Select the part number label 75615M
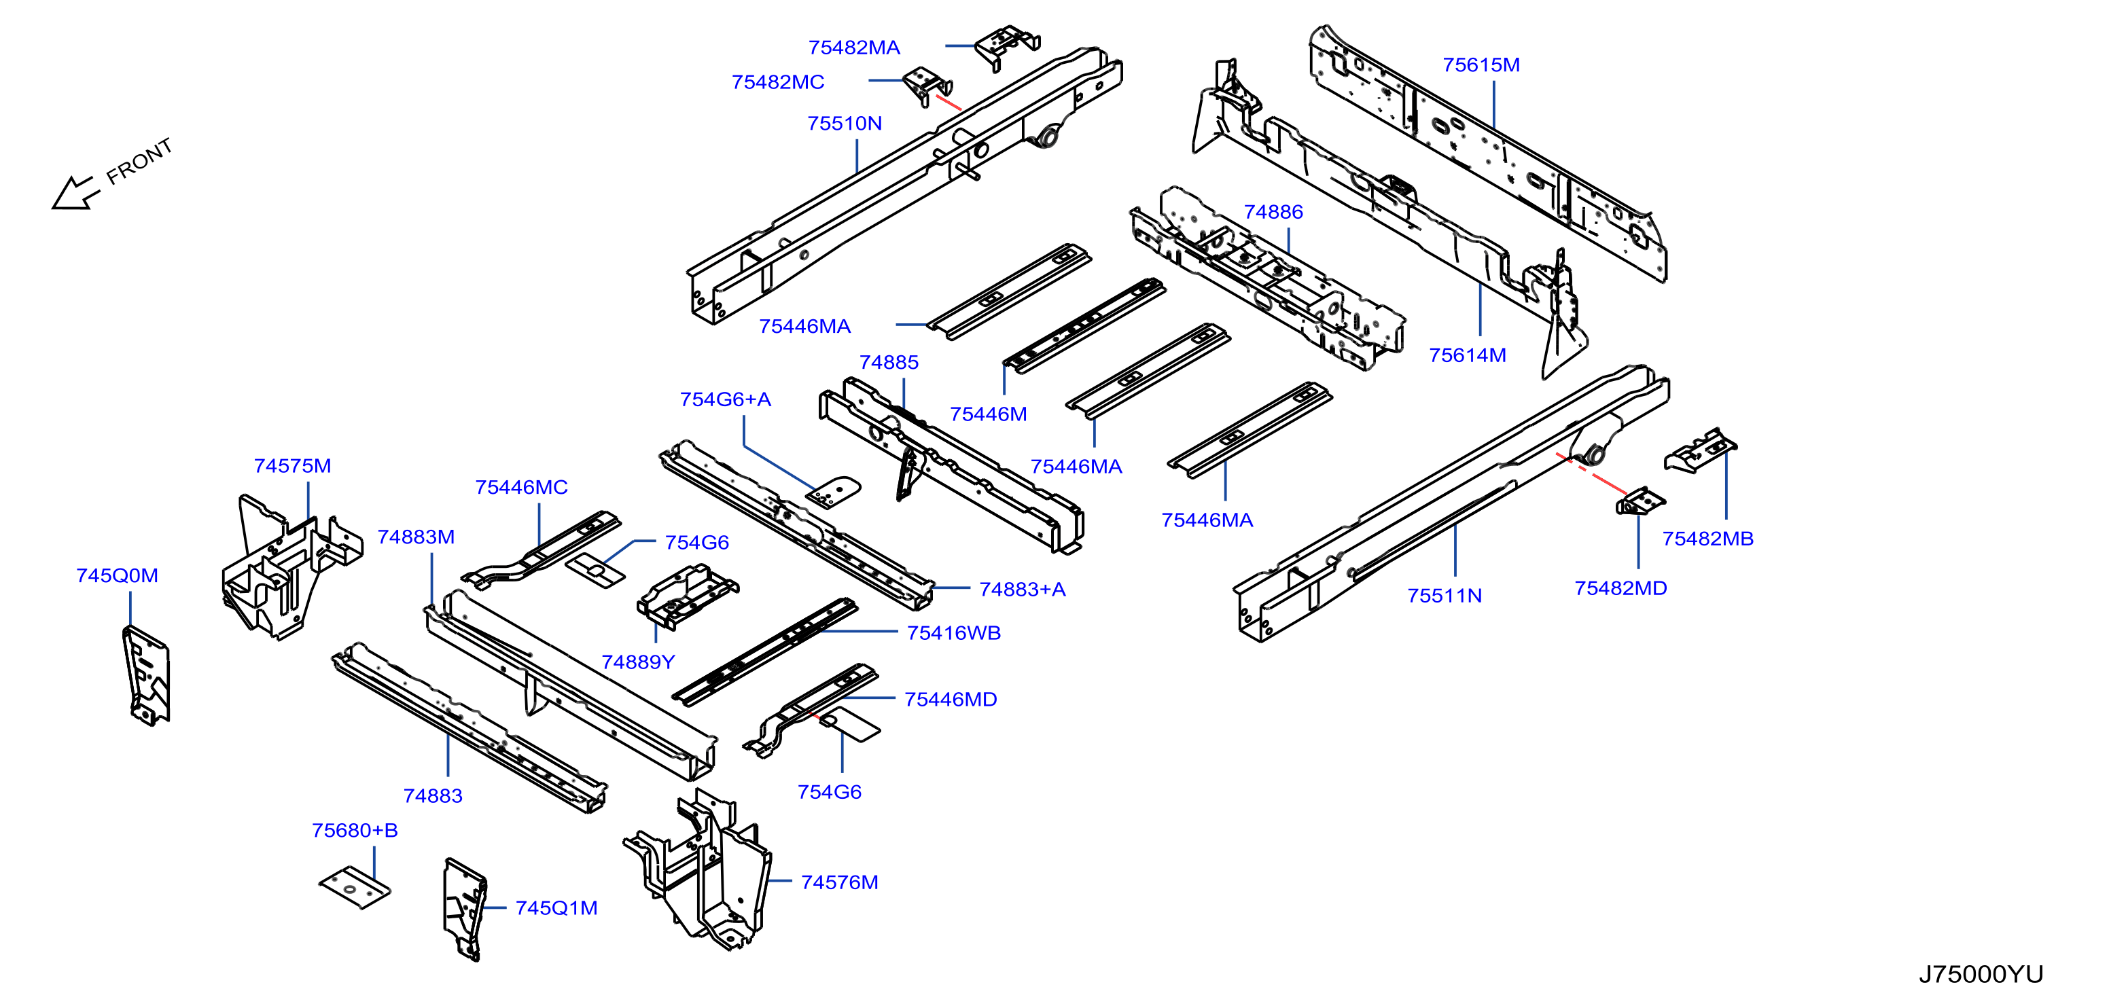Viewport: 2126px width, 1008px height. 1481,65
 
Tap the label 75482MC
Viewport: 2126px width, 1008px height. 777,82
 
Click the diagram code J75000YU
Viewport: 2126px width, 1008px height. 1981,974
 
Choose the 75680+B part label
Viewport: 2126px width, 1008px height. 355,830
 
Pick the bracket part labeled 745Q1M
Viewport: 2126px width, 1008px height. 465,909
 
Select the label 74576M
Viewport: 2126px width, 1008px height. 839,882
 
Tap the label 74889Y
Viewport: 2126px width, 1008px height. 638,662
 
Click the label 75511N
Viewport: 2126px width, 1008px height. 1445,596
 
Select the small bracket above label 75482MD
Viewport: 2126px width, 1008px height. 1640,501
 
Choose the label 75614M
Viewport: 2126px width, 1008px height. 1468,355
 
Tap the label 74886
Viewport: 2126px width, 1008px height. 1273,212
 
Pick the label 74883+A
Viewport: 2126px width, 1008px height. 1023,589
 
